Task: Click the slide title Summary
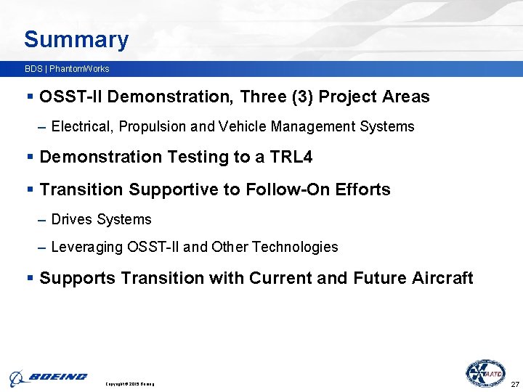pyautogui.click(x=76, y=40)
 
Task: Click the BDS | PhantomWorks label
pyautogui.click(x=66, y=69)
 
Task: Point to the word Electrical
pyautogui.click(x=82, y=127)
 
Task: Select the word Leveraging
pyautogui.click(x=88, y=248)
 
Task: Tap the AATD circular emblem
pyautogui.click(x=485, y=373)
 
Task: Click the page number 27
pyautogui.click(x=515, y=383)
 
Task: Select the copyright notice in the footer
pyautogui.click(x=130, y=383)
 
